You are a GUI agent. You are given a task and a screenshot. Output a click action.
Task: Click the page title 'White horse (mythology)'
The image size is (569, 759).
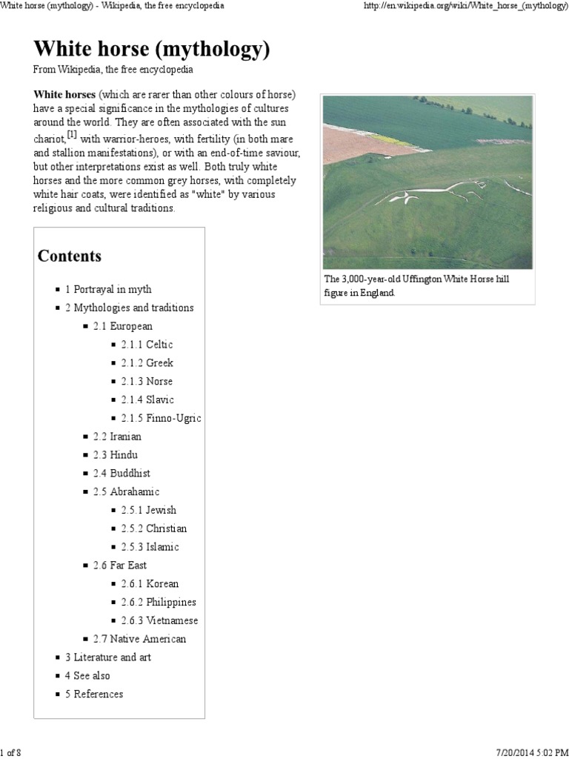coord(151,50)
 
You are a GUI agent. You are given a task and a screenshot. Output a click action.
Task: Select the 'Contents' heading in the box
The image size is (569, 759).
coord(70,256)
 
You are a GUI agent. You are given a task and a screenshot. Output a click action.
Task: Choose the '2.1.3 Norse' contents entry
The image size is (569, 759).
coord(147,381)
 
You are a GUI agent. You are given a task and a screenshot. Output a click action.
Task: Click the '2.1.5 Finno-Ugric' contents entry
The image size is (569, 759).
coord(161,418)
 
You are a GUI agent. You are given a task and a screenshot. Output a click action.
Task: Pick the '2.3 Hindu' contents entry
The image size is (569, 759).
coord(115,454)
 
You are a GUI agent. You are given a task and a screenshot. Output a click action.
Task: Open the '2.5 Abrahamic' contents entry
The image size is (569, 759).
coord(126,491)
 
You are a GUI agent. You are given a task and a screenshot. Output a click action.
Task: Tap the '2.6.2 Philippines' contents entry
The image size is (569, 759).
coord(159,602)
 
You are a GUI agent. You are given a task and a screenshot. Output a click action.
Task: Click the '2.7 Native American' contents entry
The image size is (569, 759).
coord(139,639)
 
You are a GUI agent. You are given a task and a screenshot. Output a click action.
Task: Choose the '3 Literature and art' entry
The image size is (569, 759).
coord(107,657)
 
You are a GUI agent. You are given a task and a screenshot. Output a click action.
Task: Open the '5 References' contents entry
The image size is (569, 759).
coord(94,694)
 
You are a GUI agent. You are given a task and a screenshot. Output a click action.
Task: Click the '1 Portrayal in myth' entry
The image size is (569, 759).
coord(107,289)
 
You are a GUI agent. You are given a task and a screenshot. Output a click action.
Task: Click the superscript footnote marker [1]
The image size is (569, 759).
coord(72,134)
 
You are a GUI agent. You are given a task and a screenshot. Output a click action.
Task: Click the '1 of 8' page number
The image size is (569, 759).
coord(10,753)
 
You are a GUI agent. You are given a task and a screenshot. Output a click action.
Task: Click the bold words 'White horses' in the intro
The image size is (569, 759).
coord(64,95)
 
